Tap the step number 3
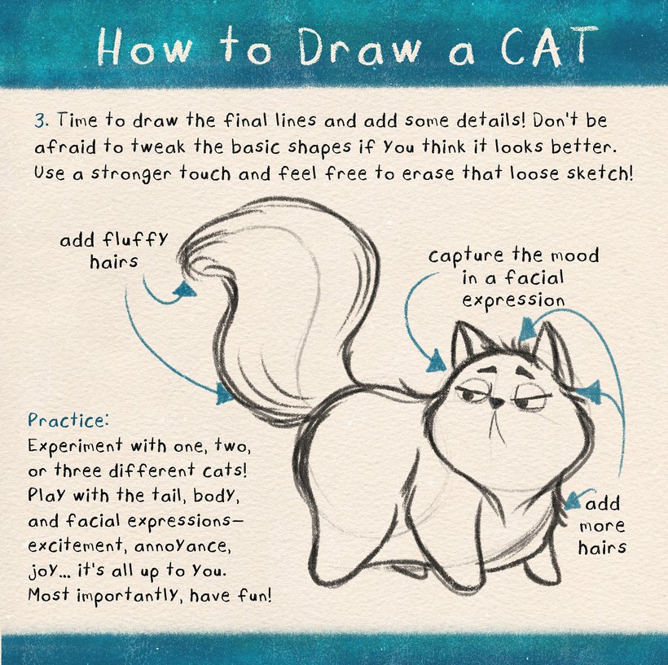click(x=40, y=120)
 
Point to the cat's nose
click(x=495, y=401)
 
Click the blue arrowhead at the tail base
click(x=224, y=393)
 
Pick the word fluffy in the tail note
click(x=135, y=241)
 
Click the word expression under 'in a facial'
click(x=513, y=301)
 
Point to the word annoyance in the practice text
click(x=182, y=546)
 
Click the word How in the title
click(x=144, y=48)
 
